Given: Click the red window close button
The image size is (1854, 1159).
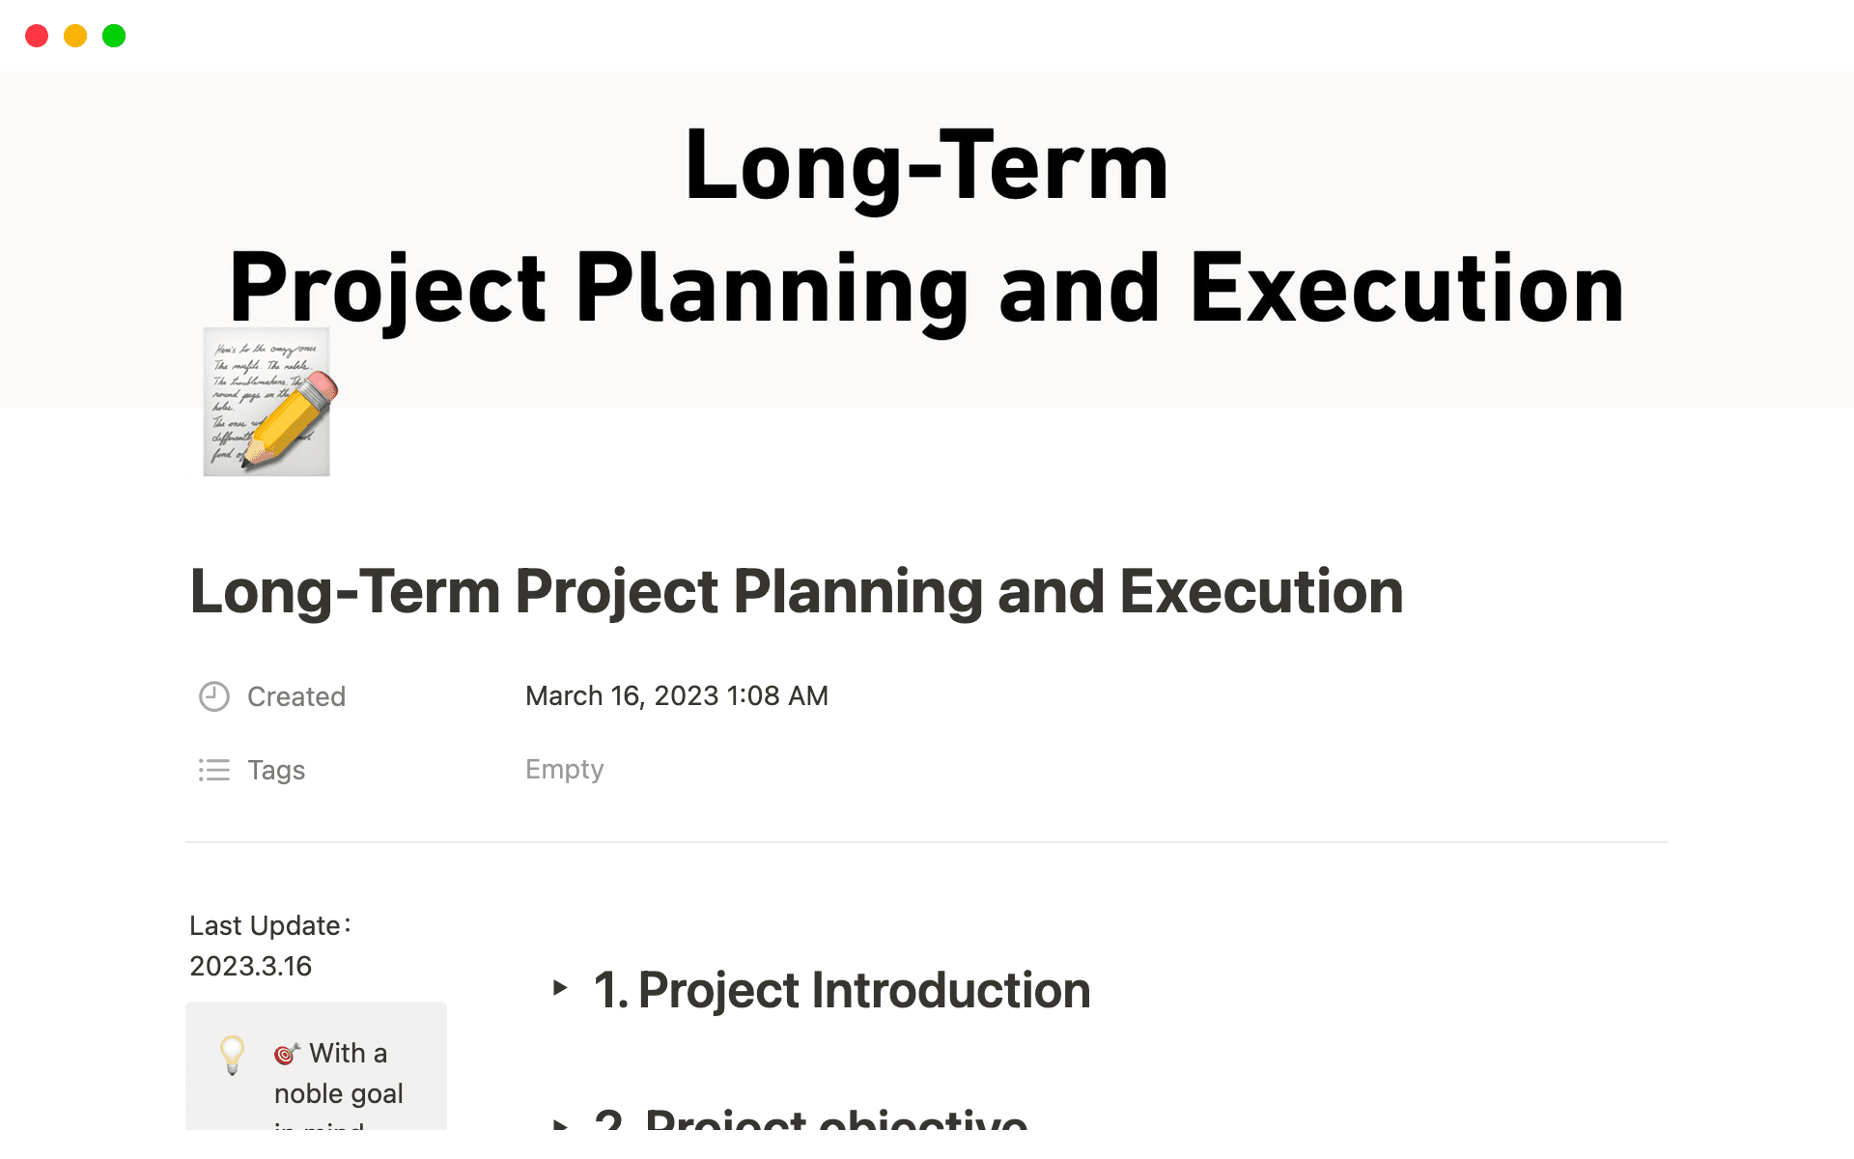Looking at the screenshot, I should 37,36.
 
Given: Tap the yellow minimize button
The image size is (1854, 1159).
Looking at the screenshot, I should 75,36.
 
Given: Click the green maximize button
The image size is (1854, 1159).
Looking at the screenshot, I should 114,36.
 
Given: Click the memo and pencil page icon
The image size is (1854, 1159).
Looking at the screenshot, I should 267,402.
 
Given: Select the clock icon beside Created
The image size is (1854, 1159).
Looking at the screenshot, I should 213,696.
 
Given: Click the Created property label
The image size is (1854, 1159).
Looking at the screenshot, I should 296,696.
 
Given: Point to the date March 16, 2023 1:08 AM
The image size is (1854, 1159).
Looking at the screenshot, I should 676,695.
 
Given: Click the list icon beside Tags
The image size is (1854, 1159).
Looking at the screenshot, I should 213,770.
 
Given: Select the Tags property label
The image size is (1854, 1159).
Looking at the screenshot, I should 276,770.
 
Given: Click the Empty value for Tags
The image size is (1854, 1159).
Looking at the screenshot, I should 564,769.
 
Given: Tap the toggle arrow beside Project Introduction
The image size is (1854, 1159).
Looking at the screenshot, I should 560,987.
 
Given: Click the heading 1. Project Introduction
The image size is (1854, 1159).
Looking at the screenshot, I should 841,990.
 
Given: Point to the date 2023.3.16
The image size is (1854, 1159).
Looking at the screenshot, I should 250,966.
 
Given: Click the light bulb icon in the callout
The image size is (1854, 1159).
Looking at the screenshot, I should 232,1054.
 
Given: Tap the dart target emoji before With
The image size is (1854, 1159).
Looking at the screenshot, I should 286,1054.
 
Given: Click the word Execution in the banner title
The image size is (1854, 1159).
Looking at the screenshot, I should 1407,288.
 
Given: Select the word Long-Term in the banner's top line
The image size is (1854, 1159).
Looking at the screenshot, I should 926,166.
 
